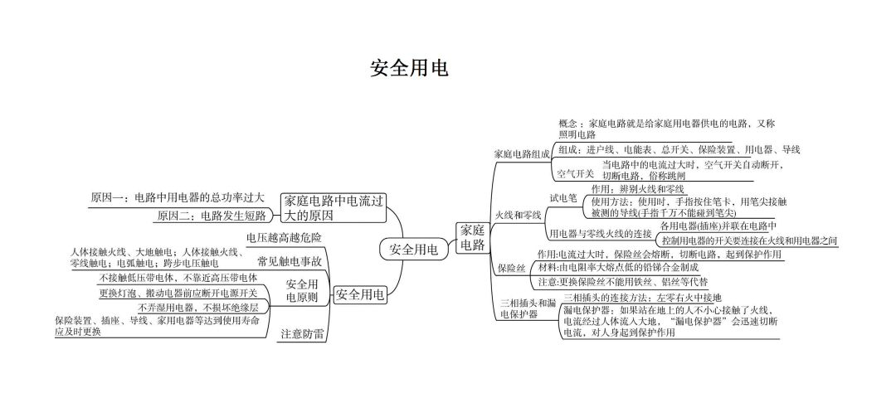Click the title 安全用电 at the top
coord(409,68)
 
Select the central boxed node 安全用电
coord(413,249)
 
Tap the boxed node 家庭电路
coord(472,237)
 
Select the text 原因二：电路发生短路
coord(211,216)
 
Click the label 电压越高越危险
coord(284,237)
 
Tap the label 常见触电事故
coord(290,261)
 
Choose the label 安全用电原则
coord(302,289)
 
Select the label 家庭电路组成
coord(522,154)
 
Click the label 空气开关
coord(575,174)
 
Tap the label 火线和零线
coord(518,215)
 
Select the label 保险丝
coord(511,269)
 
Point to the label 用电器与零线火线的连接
coord(601,234)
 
